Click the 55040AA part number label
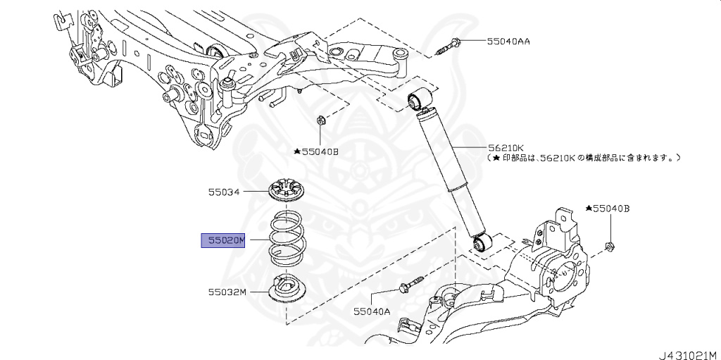tap(508, 42)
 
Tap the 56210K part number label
tap(506, 148)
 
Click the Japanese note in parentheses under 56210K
tap(584, 159)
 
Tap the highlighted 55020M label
tap(222, 241)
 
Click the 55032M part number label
tap(226, 290)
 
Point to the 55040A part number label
tap(371, 311)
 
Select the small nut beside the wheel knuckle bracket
tap(610, 246)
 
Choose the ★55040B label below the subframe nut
tap(316, 151)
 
